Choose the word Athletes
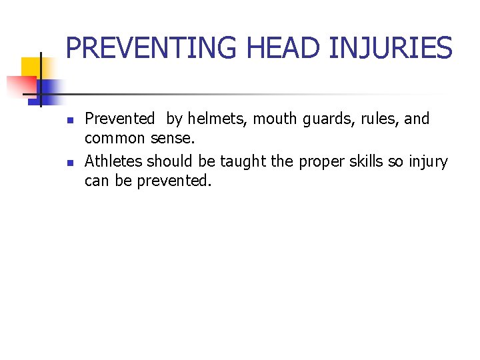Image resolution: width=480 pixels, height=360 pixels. tap(113, 161)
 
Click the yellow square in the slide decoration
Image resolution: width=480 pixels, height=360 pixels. tap(32, 69)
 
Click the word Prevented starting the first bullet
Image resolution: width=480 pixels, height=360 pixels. tap(119, 119)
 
